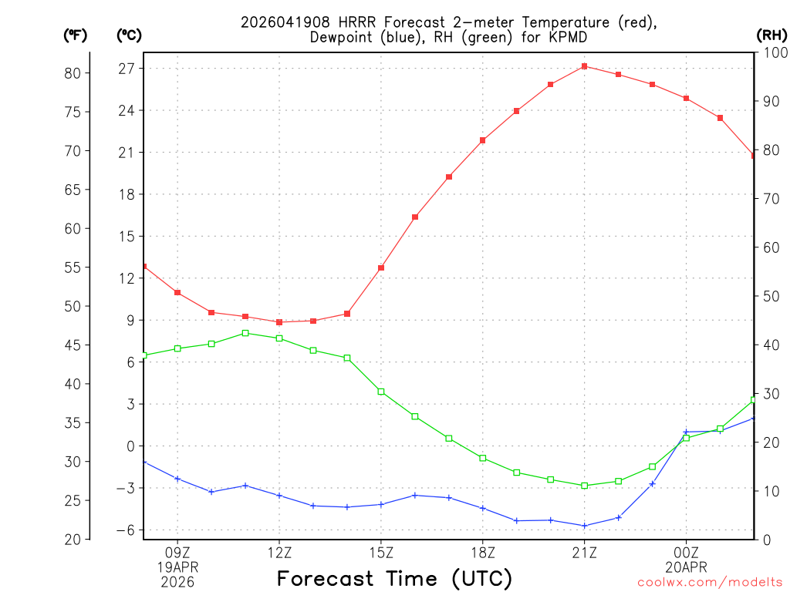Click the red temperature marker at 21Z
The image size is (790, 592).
[585, 66]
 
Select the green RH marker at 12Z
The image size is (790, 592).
[279, 338]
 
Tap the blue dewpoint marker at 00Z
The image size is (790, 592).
[686, 432]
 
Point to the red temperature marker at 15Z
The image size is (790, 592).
[381, 268]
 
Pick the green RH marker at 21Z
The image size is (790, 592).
[585, 486]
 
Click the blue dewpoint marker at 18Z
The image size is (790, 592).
[483, 508]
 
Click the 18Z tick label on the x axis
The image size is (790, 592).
[483, 552]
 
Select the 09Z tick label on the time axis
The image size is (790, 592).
[177, 552]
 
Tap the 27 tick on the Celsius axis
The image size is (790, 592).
[127, 69]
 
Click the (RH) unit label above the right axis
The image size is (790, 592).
[771, 35]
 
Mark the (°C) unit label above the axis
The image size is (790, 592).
[129, 35]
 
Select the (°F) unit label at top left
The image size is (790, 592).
[75, 35]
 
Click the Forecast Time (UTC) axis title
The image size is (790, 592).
[394, 578]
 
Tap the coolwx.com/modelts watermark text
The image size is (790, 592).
[710, 583]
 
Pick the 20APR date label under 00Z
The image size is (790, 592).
[686, 567]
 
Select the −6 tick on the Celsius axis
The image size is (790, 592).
[125, 530]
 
